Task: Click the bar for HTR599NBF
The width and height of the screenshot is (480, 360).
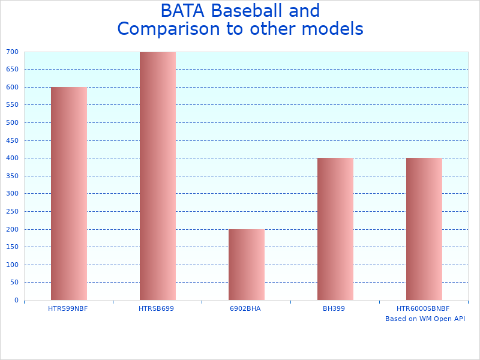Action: point(68,193)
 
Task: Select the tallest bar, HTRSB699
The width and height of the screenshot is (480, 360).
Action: point(157,176)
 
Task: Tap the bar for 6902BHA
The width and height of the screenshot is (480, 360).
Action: point(246,265)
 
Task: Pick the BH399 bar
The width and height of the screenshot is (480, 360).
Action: point(335,229)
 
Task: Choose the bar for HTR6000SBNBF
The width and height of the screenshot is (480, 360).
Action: point(424,229)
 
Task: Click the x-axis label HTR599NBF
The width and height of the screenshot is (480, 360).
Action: point(68,308)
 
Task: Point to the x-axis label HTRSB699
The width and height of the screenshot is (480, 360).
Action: point(156,308)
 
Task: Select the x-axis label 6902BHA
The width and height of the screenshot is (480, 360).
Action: point(245,308)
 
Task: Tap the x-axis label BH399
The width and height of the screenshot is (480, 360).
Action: point(334,308)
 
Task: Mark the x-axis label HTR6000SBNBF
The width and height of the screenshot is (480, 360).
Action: point(423,308)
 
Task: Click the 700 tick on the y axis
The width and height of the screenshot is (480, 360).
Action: point(13,52)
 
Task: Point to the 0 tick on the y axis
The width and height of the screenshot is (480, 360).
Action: point(16,300)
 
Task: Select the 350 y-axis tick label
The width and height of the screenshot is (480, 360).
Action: point(13,176)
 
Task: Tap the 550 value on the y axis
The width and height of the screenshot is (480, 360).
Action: point(13,105)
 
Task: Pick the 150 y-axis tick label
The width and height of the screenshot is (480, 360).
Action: point(13,247)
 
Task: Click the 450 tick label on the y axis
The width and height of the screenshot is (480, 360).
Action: point(13,140)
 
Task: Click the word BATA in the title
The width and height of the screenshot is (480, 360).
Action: point(183,11)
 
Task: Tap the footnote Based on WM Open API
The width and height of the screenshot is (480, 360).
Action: point(425,319)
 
